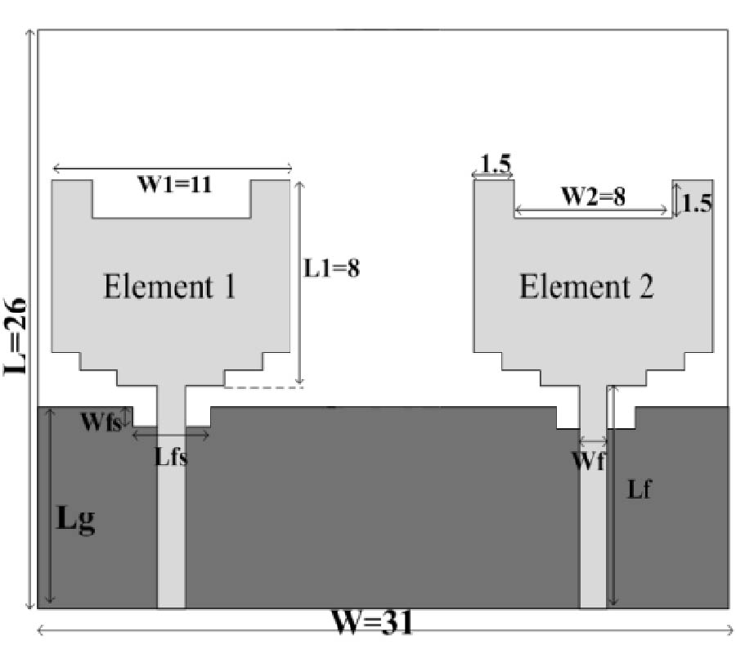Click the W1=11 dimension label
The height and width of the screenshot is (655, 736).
coord(174,185)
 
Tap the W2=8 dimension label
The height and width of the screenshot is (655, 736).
coord(592,197)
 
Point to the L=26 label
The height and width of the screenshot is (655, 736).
coord(16,336)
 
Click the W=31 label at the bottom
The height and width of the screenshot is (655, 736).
coord(373,624)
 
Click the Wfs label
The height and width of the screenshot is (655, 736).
coord(100,422)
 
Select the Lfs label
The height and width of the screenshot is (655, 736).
coord(171,457)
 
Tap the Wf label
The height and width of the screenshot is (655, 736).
coord(588,460)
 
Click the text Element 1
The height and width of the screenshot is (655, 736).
coord(169,287)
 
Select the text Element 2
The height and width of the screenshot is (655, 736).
coord(586,287)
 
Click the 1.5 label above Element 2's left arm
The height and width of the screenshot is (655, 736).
coord(494,164)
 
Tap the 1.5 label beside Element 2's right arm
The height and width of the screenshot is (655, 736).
coord(696,203)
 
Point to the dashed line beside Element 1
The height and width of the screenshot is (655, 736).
coord(263,387)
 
